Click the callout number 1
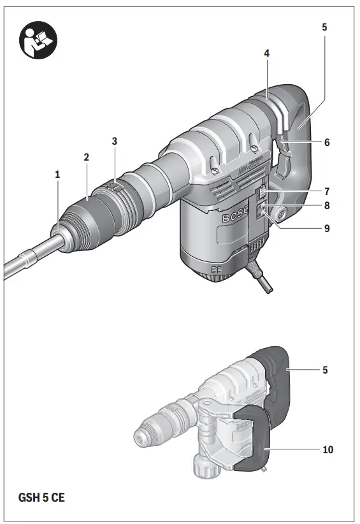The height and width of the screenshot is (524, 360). click(57, 174)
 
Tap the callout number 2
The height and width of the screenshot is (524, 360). click(86, 157)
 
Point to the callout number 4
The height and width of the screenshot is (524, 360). click(267, 54)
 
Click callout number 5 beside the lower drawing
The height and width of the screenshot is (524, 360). click(324, 370)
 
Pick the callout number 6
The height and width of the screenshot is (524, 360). click(327, 143)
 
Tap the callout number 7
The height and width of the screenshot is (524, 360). click(327, 191)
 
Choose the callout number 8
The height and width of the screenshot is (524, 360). click(327, 206)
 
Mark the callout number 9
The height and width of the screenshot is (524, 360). click(327, 227)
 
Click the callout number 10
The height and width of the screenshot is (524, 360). click(328, 450)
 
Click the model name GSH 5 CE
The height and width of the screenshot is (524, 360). click(40, 497)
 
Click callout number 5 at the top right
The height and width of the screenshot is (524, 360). click(324, 27)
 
